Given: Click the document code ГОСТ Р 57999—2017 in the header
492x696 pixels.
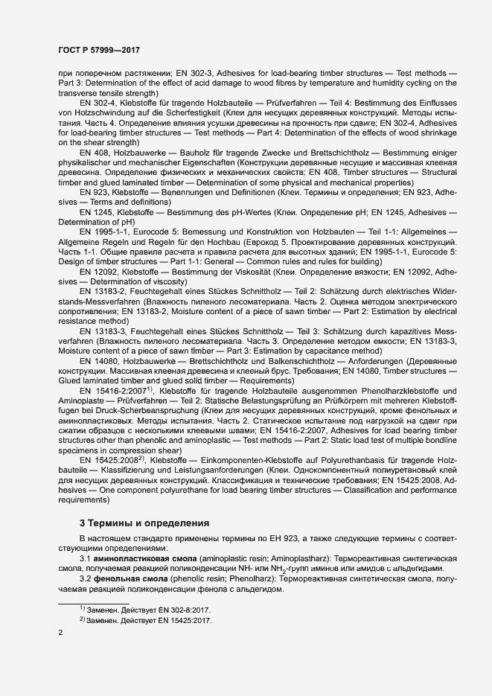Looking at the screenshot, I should click(x=100, y=50).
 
